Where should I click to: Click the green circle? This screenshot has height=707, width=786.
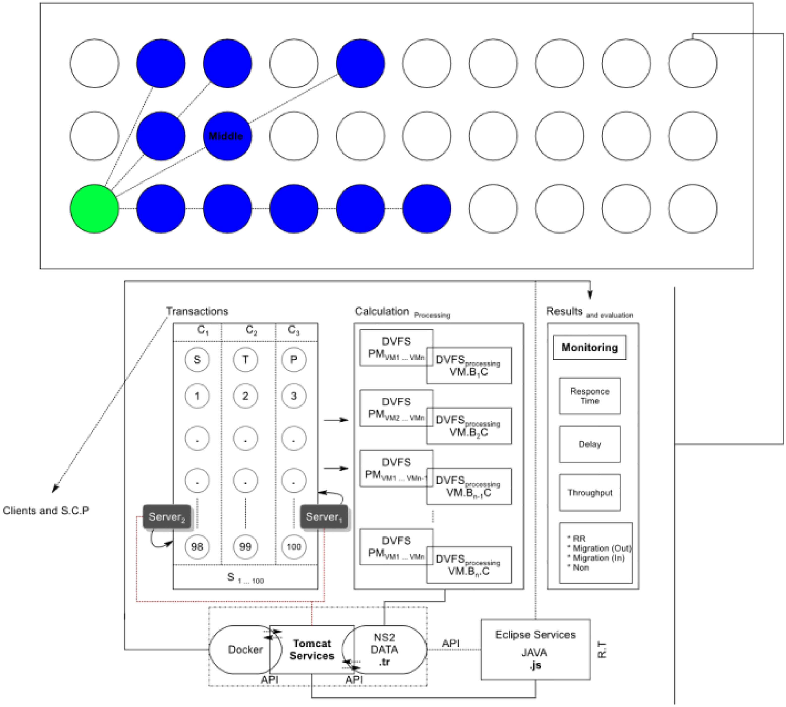tap(94, 209)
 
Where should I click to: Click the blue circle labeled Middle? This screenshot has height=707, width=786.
tap(227, 136)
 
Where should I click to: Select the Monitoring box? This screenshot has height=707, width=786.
tap(589, 347)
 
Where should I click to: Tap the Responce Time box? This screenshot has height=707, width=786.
tap(589, 396)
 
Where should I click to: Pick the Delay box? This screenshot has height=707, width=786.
tap(589, 444)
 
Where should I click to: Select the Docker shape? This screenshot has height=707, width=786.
tap(241, 649)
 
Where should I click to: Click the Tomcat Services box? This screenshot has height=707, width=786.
tap(312, 649)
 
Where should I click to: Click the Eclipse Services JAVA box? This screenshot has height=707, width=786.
tap(535, 649)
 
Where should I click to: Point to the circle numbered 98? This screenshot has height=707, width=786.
tap(197, 546)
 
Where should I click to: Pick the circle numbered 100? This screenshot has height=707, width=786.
tap(294, 546)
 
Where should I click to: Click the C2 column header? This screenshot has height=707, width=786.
tap(251, 331)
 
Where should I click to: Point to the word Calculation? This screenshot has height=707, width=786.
tap(381, 311)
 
